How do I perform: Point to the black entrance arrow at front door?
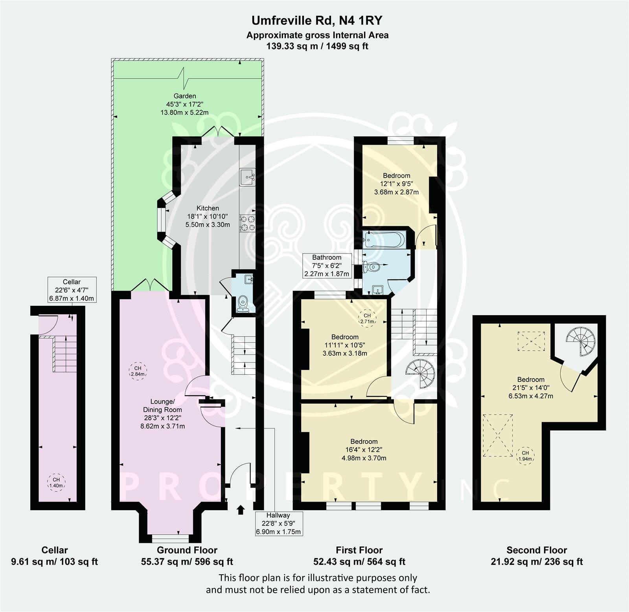240,510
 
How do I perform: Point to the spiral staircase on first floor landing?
419,372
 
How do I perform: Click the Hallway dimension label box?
278,523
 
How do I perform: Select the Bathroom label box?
327,266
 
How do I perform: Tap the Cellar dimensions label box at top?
72,289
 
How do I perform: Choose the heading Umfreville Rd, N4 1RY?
317,19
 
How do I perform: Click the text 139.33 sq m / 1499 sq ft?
317,46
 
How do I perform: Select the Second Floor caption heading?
537,550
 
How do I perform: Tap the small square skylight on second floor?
531,341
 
